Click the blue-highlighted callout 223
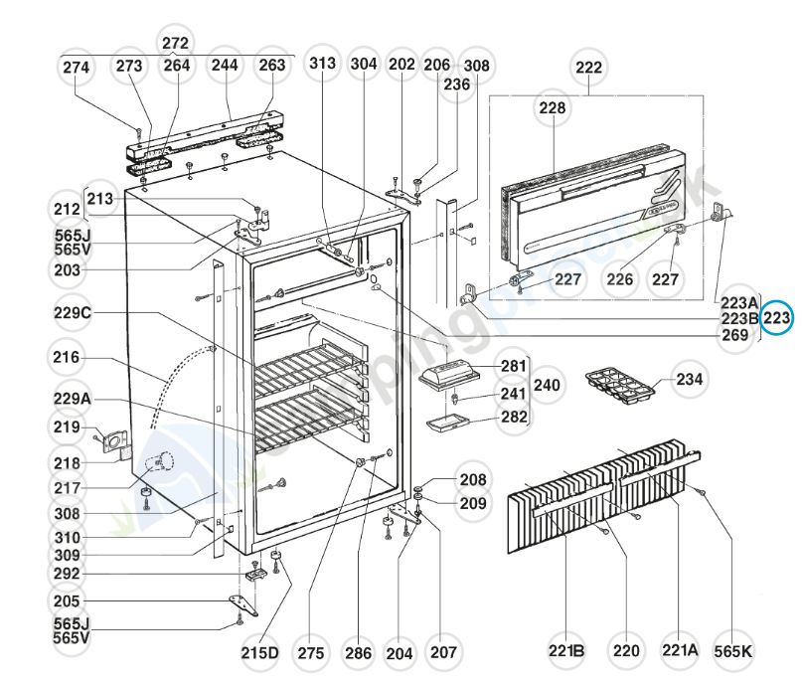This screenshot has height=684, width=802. (x=777, y=319)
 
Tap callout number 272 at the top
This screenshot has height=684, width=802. (x=175, y=44)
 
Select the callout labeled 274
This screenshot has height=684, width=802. (x=77, y=67)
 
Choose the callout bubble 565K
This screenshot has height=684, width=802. (x=733, y=651)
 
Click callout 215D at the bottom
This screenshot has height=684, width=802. (x=259, y=653)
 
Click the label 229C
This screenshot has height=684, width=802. (x=73, y=313)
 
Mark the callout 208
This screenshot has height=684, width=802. (x=473, y=479)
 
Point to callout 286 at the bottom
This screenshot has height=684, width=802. (x=359, y=653)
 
